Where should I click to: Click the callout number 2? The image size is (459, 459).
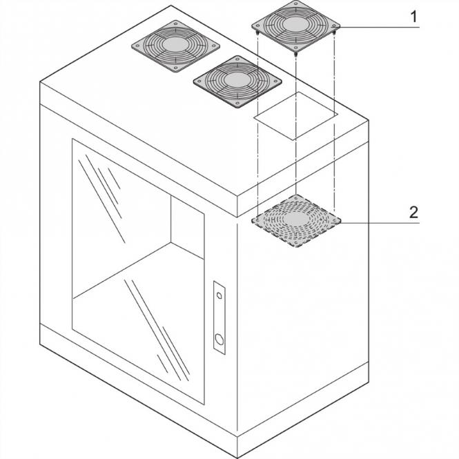coord(413,211)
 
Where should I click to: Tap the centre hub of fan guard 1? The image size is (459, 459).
coord(296,22)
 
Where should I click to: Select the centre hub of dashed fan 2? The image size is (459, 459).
coord(297,219)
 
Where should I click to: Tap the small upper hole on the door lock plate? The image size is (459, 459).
coord(219,295)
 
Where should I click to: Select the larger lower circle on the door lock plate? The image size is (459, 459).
coord(219,339)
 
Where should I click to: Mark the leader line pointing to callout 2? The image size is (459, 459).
coord(376,223)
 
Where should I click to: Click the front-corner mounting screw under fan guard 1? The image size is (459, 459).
coord(295,53)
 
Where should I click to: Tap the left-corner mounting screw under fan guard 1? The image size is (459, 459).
coord(256,32)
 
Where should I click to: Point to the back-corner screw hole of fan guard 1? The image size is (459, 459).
coord(297,3)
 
